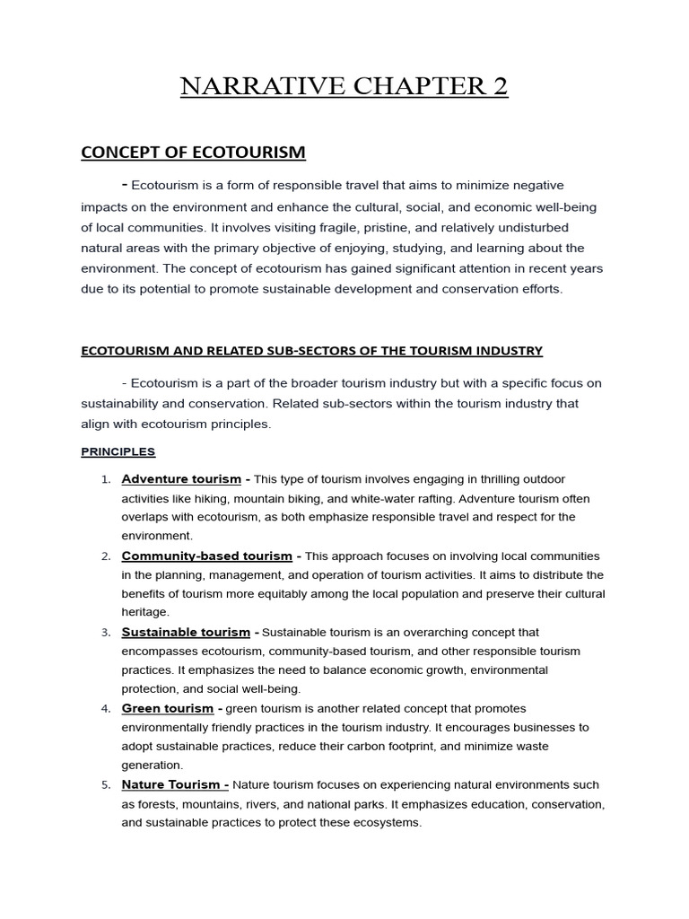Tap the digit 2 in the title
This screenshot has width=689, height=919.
(499, 86)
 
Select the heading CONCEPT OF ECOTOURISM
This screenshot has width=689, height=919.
(193, 153)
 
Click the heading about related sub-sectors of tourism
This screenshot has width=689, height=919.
(311, 351)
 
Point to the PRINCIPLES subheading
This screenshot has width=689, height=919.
(118, 451)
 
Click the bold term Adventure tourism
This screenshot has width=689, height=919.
(181, 479)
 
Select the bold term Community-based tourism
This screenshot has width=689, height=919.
(206, 556)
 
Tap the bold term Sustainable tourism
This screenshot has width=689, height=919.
(187, 633)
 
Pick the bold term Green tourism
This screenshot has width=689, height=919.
(168, 709)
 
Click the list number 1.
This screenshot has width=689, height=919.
(105, 480)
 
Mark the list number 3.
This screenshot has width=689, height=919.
(105, 634)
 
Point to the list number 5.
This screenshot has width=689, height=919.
(105, 786)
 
